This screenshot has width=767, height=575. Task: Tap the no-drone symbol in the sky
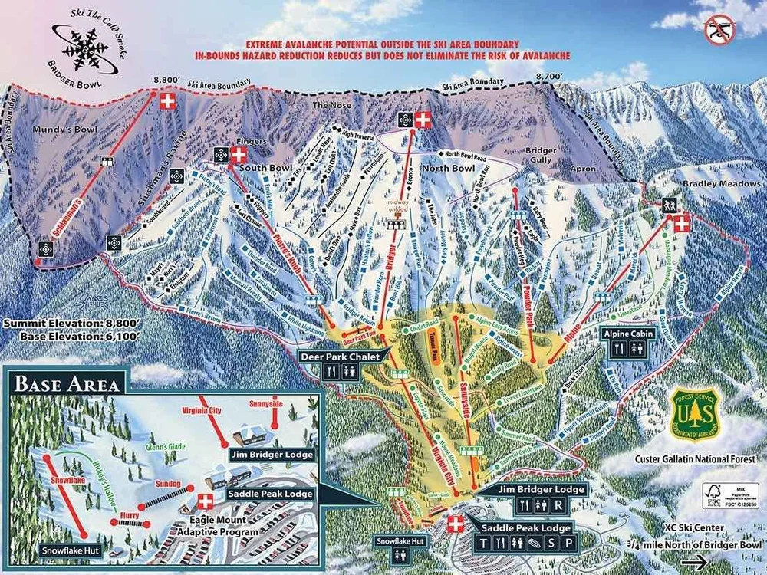click(x=719, y=29)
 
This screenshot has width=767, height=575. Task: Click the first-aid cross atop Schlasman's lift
click(x=166, y=100)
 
